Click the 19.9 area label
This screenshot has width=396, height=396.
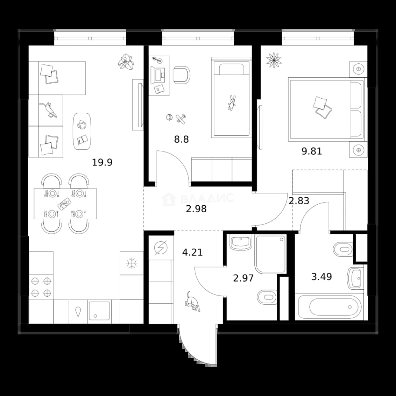point(102,162)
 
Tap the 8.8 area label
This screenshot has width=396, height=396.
point(181,139)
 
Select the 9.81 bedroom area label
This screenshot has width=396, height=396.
point(312,151)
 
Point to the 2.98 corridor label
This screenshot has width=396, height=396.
point(196,209)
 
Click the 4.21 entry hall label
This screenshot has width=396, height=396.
point(192,252)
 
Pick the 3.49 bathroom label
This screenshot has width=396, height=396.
point(322,276)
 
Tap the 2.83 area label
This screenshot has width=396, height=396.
point(299,201)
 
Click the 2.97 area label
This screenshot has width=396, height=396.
point(243,278)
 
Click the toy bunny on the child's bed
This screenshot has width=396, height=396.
point(231,103)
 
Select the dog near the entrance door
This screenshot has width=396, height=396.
point(192,301)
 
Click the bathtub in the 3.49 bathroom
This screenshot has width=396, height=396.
point(330,307)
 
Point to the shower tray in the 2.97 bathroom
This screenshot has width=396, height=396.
point(271,254)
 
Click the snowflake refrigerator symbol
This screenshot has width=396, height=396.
point(132,263)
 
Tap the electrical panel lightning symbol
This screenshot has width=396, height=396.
point(161,248)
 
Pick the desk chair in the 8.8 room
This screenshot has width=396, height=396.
point(181,75)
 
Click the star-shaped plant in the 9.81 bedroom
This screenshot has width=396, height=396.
point(274,60)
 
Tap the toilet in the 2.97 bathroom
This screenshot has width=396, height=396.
point(267,297)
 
